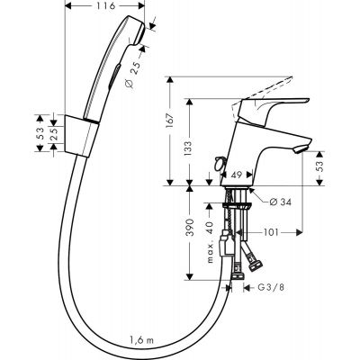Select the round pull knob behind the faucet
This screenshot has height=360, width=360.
point(217,162)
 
